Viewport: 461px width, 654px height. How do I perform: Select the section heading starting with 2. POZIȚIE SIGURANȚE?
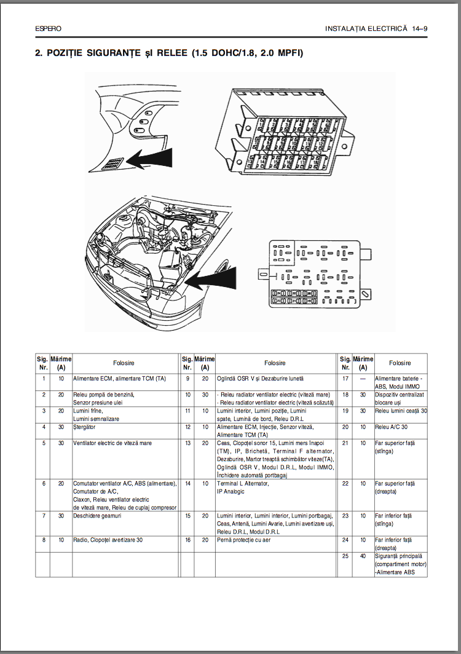pos(169,53)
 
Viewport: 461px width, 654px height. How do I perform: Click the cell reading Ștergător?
pos(85,426)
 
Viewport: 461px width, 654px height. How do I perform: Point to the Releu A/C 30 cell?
pos(392,426)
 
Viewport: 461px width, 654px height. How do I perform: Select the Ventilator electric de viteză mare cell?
pos(112,443)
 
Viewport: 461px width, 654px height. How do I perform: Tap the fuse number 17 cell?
pos(345,379)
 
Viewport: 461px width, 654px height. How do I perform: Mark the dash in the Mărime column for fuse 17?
pos(363,379)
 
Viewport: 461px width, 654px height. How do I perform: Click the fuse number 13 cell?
pos(187,443)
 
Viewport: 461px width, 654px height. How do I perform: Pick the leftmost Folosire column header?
pos(124,363)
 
